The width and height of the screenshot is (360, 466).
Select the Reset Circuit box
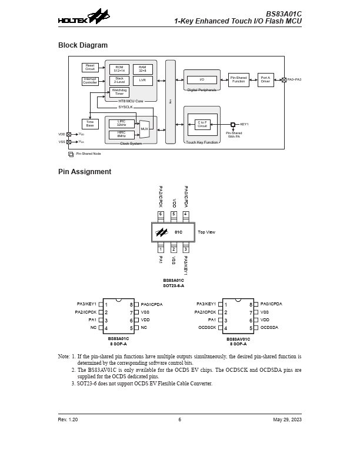(x=90, y=67)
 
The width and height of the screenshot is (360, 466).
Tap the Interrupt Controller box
(x=90, y=81)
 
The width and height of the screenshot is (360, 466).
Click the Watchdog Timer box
(x=119, y=92)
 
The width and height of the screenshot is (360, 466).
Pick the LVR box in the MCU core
(x=142, y=81)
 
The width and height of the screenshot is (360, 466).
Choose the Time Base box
(x=90, y=124)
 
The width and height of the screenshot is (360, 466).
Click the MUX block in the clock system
(x=144, y=128)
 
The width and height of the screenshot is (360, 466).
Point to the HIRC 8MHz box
(x=122, y=134)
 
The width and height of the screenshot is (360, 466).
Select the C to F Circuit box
(x=202, y=124)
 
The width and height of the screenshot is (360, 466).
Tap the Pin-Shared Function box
(x=238, y=79)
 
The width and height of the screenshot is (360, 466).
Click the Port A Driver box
(x=265, y=79)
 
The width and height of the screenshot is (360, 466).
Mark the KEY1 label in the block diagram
(x=244, y=124)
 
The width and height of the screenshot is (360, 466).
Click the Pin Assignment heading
(x=84, y=172)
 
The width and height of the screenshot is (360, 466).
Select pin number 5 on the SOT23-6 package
(x=174, y=214)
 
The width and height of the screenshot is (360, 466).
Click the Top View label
(x=206, y=232)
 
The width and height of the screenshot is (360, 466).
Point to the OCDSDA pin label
(x=271, y=327)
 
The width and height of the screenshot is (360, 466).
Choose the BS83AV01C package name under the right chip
(x=238, y=339)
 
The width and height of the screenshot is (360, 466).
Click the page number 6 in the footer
(x=179, y=420)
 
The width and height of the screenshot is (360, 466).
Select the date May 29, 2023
(x=287, y=420)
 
